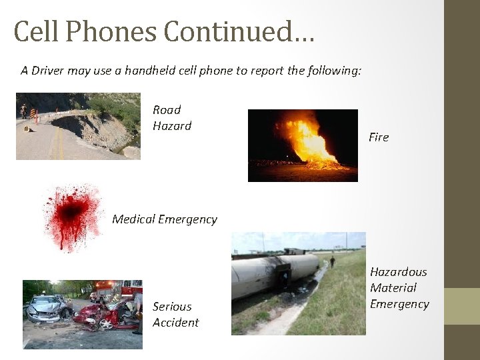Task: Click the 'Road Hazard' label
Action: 172,117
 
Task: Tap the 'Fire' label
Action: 379,137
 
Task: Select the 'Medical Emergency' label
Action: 165,219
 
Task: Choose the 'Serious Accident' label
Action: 175,315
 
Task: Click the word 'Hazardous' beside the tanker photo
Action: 399,272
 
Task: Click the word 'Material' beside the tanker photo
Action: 393,288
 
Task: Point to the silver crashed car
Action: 47,308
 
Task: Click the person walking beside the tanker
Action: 332,261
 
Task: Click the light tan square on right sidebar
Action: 461,306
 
